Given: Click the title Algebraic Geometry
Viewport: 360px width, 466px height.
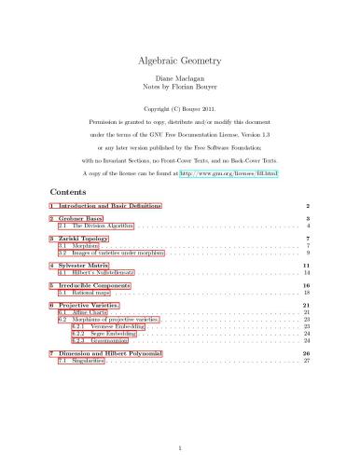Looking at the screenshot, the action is [179, 61].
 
